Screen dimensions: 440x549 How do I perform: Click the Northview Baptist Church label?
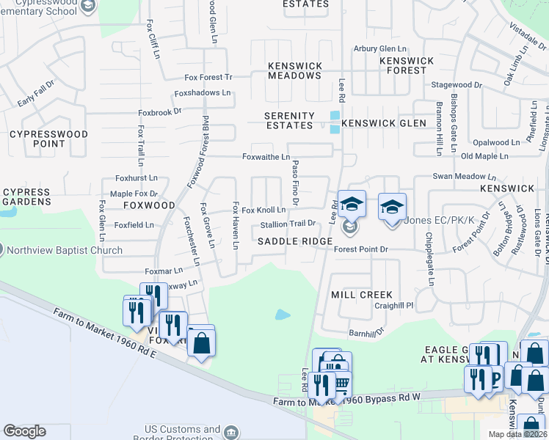click(x=65, y=250)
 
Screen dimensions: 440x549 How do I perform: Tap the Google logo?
click(x=24, y=431)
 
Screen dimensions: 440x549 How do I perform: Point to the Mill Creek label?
click(x=362, y=294)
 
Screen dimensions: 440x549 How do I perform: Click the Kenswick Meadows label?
click(x=295, y=70)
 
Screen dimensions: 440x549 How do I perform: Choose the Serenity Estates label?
click(x=290, y=121)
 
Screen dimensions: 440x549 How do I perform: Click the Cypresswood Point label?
click(x=48, y=139)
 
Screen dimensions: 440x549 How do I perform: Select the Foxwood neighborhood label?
click(x=149, y=205)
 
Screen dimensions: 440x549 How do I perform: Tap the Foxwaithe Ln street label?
click(x=266, y=157)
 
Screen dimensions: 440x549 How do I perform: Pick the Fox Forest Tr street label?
click(x=208, y=77)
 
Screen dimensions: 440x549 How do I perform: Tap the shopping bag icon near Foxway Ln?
click(x=201, y=342)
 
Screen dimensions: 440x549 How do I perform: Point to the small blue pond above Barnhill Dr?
click(x=283, y=315)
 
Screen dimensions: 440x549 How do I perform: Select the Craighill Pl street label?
click(x=395, y=305)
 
